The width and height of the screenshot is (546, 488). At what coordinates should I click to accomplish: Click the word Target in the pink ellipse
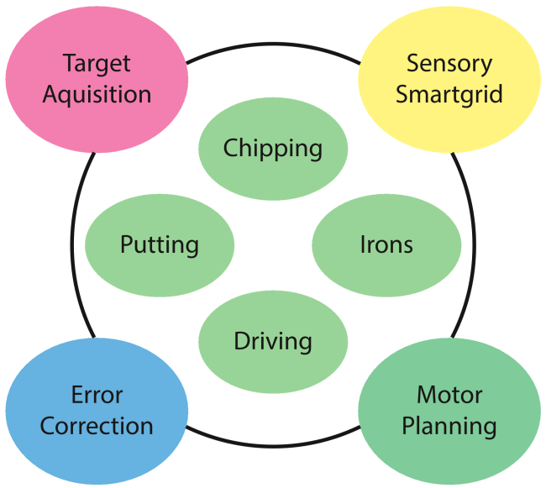click(97, 64)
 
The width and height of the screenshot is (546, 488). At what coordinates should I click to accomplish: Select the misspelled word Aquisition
click(97, 94)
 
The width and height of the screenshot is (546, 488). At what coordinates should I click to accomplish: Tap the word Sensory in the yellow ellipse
click(449, 63)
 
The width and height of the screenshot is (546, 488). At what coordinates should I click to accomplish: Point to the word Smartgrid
click(449, 93)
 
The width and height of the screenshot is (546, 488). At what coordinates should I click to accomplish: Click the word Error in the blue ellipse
click(97, 395)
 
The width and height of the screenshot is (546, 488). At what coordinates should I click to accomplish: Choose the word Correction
click(97, 426)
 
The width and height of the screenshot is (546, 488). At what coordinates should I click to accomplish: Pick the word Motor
click(449, 395)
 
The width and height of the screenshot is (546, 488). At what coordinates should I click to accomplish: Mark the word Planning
click(449, 426)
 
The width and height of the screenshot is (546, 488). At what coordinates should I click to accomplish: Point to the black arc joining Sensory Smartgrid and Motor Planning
click(470, 244)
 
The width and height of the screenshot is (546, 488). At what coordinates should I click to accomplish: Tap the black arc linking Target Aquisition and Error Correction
click(75, 244)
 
